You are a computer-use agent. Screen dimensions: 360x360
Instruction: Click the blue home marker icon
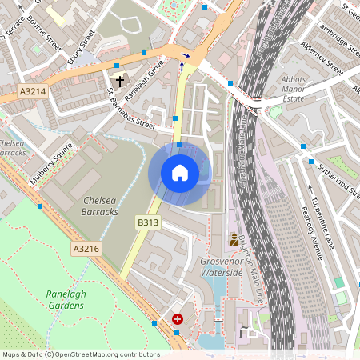pyautogui.click(x=179, y=173)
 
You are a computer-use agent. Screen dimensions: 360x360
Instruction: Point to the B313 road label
pyautogui.click(x=147, y=222)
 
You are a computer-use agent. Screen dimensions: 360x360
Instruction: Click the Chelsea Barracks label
pyautogui.click(x=100, y=206)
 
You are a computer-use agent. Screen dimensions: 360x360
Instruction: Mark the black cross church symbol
pyautogui.click(x=120, y=81)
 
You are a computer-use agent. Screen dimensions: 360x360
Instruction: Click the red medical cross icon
pyautogui.click(x=178, y=318)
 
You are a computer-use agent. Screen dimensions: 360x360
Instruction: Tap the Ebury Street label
pyautogui.click(x=82, y=46)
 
